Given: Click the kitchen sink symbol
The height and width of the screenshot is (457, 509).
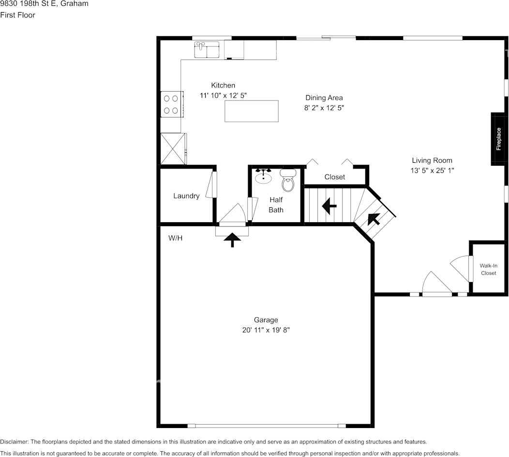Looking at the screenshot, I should [207, 50].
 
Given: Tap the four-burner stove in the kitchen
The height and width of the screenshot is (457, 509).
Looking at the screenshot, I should [171, 104].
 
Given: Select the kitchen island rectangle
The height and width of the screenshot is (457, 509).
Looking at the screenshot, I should [252, 111].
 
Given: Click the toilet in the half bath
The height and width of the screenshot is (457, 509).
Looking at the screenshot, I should [288, 181].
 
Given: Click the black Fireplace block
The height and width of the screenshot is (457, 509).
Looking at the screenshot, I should [499, 139].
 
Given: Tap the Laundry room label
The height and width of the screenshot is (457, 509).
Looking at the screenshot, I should [186, 196].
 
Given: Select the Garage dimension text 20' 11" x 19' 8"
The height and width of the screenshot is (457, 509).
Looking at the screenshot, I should [266, 330].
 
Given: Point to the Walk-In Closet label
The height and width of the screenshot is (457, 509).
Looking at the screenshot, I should [488, 270].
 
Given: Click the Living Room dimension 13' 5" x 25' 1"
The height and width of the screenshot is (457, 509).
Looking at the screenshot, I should [432, 170].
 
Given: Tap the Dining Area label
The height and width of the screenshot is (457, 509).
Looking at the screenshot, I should [324, 98].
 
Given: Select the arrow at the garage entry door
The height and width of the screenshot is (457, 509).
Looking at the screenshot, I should [233, 240].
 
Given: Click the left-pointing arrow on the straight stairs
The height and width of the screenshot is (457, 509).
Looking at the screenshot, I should [329, 206].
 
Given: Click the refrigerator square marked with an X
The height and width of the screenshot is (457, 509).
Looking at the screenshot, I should [172, 148].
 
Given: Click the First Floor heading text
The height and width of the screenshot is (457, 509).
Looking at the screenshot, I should [17, 15].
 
